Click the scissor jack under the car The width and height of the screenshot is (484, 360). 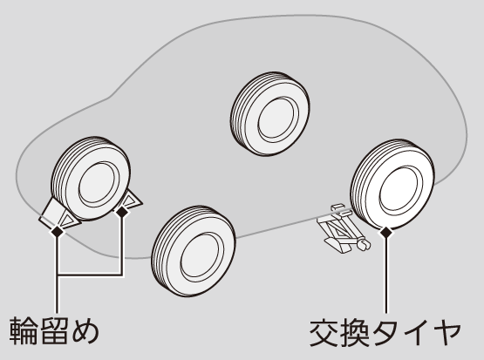click(x=344, y=228)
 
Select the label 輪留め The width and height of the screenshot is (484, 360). click(x=54, y=331)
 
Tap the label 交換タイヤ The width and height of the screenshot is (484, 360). click(x=385, y=333)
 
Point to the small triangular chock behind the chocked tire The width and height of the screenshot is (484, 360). click(x=131, y=201)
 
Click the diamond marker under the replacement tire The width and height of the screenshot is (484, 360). click(x=385, y=233)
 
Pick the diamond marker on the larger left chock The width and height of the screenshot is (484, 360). click(x=57, y=231)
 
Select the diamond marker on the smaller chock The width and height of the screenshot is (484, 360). click(x=122, y=212)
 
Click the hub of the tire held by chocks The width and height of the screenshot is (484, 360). click(x=99, y=183)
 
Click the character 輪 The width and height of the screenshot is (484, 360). click(x=23, y=331)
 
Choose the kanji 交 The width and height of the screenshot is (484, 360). click(x=324, y=333)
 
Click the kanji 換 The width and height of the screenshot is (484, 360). click(x=355, y=333)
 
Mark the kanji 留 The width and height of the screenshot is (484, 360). click(x=54, y=331)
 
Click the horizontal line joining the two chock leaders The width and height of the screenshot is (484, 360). click(x=90, y=274)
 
